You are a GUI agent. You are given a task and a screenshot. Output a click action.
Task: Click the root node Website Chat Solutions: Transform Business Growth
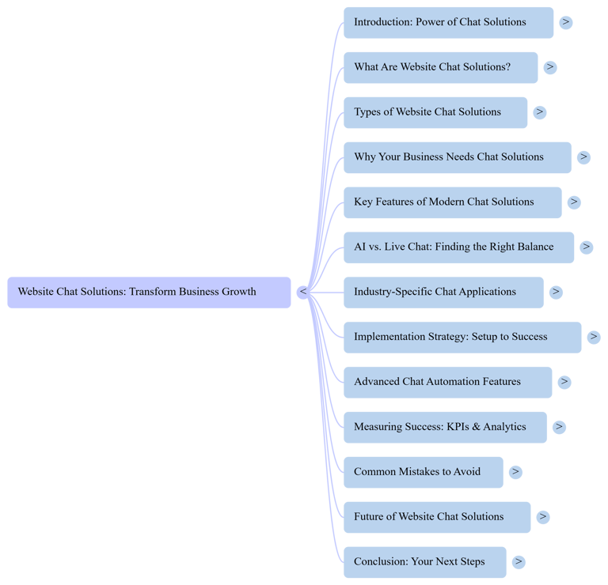pyautogui.click(x=149, y=292)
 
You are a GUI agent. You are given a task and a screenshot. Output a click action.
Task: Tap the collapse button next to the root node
pyautogui.click(x=302, y=292)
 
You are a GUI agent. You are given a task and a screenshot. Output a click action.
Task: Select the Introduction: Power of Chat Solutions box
pyautogui.click(x=448, y=22)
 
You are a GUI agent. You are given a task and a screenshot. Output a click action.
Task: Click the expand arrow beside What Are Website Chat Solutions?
pyautogui.click(x=550, y=68)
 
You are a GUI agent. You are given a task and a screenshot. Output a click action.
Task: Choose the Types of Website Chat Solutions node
pyautogui.click(x=435, y=112)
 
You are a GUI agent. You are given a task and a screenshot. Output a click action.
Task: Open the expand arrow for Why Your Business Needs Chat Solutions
pyautogui.click(x=583, y=157)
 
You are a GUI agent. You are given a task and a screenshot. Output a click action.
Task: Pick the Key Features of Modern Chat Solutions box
pyautogui.click(x=452, y=202)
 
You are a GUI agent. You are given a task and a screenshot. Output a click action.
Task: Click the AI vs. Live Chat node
pyautogui.click(x=458, y=247)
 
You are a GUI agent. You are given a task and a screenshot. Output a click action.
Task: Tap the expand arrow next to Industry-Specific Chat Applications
pyautogui.click(x=556, y=292)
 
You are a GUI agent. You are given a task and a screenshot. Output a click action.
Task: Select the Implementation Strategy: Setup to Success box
pyautogui.click(x=462, y=338)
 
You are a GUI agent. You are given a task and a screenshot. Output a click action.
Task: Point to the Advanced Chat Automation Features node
pyautogui.click(x=447, y=382)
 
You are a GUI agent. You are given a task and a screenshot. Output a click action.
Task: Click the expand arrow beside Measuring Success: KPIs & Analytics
pyautogui.click(x=559, y=427)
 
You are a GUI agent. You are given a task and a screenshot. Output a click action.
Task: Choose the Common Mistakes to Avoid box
pyautogui.click(x=423, y=472)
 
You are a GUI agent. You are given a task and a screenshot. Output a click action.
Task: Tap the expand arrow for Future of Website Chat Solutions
pyautogui.click(x=542, y=517)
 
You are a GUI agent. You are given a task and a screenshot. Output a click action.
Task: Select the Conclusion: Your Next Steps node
pyautogui.click(x=424, y=562)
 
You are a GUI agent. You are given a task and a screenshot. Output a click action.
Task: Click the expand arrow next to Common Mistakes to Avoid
pyautogui.click(x=515, y=472)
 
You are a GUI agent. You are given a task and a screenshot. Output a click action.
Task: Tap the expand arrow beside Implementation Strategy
pyautogui.click(x=594, y=338)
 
